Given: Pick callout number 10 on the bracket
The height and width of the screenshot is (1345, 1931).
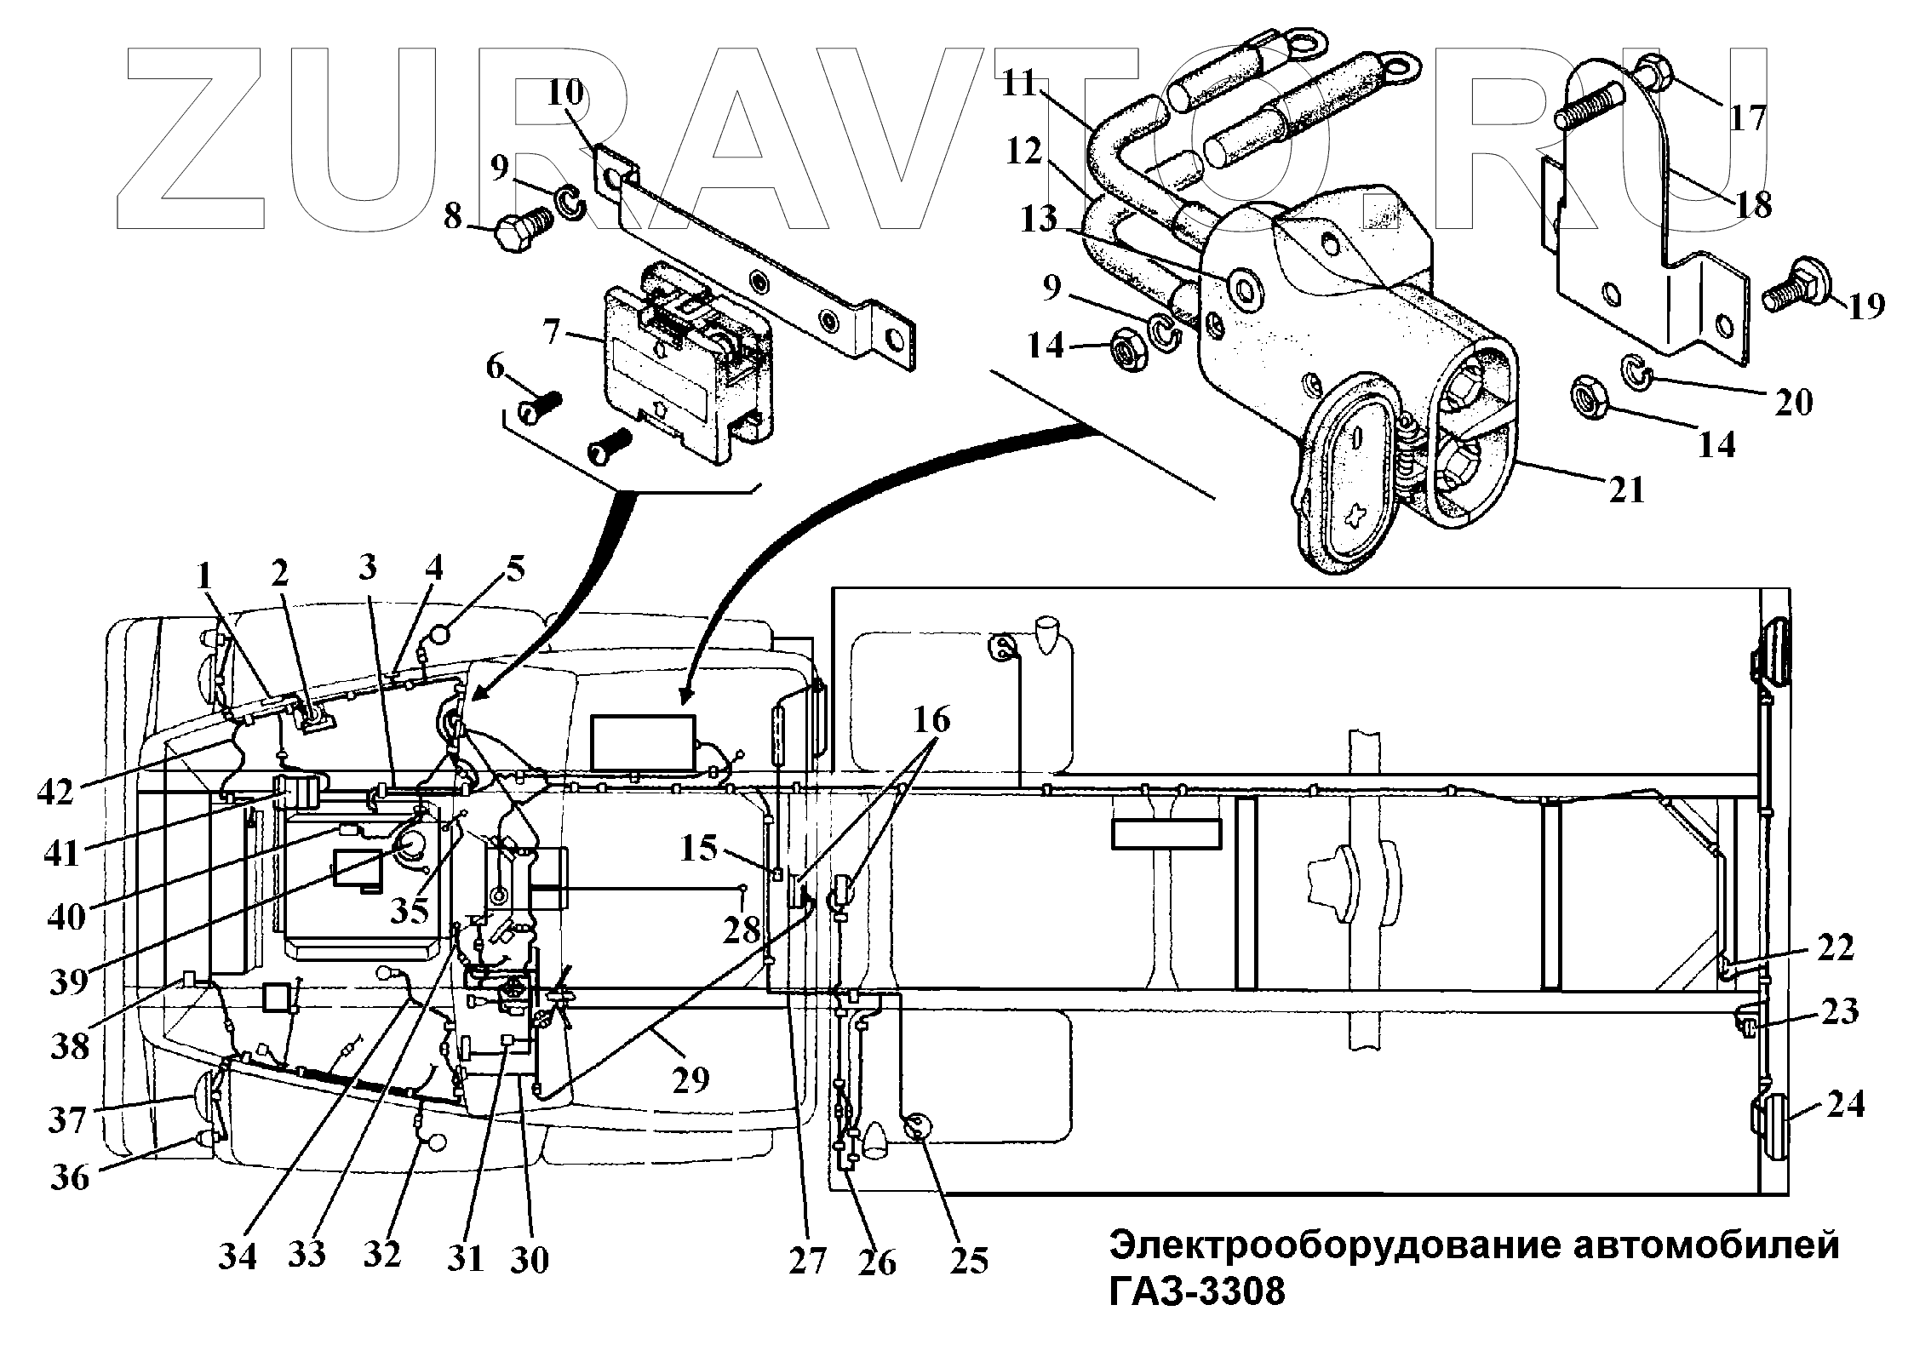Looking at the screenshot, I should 565,92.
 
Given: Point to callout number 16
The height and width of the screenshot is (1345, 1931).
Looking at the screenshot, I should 931,720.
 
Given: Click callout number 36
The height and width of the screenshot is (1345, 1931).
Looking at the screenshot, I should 70,1178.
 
